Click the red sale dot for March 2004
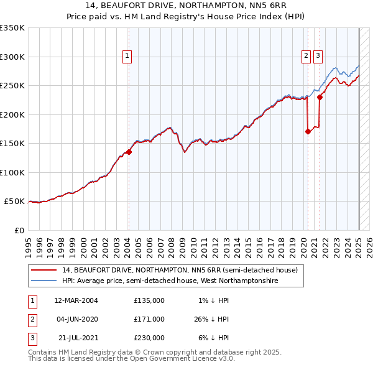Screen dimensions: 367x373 tap(129, 152)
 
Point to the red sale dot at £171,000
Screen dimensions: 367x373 tap(308, 131)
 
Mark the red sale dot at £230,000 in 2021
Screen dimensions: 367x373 tap(320, 96)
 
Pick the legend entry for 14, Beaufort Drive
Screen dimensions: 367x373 tap(180, 270)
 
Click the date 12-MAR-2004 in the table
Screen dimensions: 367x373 tap(76, 300)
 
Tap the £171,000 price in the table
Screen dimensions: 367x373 tap(149, 319)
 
